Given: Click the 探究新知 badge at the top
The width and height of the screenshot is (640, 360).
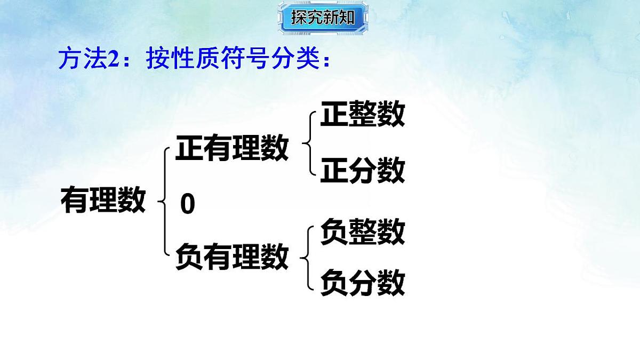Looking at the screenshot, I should [x=322, y=18].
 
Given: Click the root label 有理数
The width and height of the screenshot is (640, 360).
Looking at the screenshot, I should [x=103, y=200].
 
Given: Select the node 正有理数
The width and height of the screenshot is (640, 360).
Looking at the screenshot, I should [x=232, y=148].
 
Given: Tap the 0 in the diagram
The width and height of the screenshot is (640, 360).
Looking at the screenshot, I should [x=187, y=205].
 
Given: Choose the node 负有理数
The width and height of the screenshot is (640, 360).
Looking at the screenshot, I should [x=232, y=257].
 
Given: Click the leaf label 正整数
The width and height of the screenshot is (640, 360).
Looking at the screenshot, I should [x=362, y=115].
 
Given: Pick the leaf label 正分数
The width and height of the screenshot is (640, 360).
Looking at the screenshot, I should [x=362, y=171].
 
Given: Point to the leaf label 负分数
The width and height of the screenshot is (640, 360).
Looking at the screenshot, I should [x=362, y=283].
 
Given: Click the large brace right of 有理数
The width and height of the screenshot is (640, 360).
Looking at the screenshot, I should [x=163, y=202].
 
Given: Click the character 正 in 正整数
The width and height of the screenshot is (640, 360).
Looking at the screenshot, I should [x=334, y=115].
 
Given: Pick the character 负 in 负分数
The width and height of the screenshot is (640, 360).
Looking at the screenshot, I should [x=334, y=283].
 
